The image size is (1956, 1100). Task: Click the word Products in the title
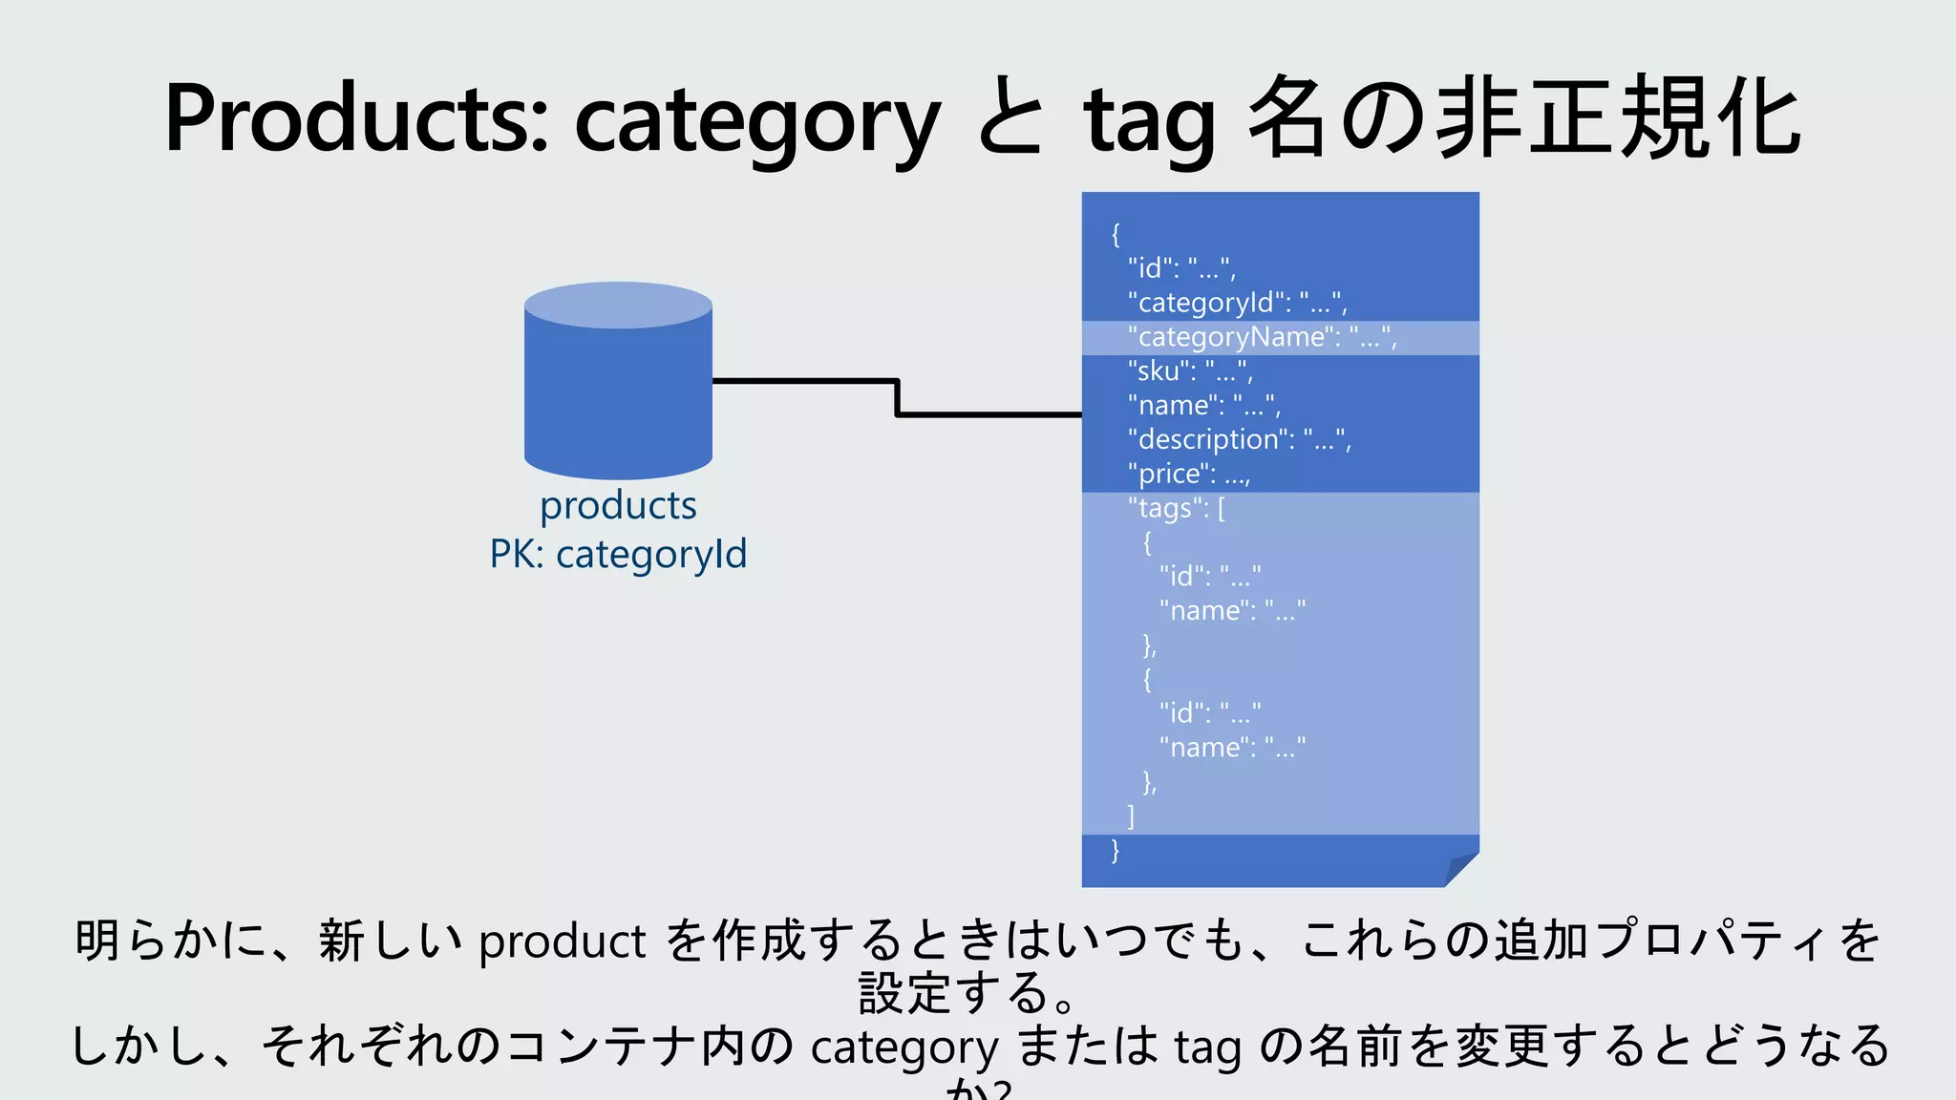coord(355,119)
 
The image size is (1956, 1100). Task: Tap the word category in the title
coord(756,122)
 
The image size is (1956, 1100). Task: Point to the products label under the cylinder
coord(618,505)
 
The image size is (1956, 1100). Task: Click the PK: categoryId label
coord(618,554)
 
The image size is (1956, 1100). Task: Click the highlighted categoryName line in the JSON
coord(1261,337)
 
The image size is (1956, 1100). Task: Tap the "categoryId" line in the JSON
coord(1237,303)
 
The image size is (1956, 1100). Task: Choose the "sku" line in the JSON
coord(1189,370)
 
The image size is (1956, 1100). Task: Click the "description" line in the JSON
coord(1239,439)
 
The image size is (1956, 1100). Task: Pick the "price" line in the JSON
coord(1188,474)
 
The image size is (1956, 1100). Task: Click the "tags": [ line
coord(1176,508)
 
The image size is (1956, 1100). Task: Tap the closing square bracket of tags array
coord(1131,816)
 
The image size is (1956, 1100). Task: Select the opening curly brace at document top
coord(1116,234)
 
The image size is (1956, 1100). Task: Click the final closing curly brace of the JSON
coord(1116,851)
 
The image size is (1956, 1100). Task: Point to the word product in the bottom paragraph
coord(562,942)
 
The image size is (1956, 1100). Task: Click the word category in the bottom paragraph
coord(904,1047)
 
